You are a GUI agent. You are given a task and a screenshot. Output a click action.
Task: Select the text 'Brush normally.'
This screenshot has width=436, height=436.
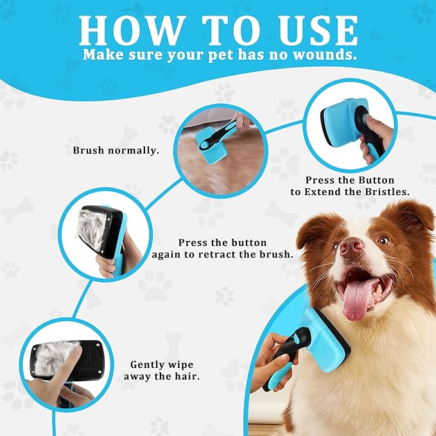point(116,150)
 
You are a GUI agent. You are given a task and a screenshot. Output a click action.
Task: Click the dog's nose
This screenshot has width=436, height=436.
point(351,247)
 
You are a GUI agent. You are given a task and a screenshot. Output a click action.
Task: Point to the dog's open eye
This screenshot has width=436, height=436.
point(384,240)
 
